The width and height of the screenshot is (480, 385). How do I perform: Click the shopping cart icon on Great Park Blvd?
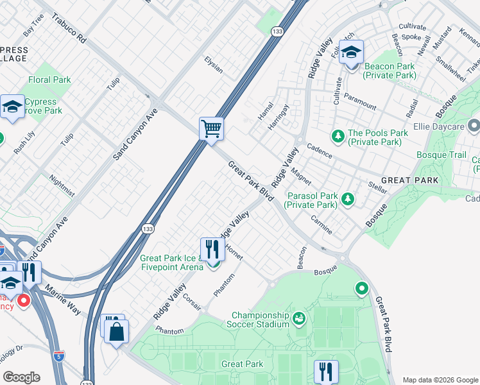211,129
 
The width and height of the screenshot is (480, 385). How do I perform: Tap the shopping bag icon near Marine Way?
117,332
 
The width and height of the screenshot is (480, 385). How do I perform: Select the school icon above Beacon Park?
351,52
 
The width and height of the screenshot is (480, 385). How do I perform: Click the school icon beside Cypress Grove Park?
12,107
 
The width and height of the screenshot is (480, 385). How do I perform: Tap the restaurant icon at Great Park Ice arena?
212,250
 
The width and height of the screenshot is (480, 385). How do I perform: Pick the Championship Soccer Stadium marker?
298,318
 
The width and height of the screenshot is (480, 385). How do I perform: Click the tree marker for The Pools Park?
338,136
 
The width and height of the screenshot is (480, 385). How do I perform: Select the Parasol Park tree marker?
347,200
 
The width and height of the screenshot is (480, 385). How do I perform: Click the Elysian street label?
214,65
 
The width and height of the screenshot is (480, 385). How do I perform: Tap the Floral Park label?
49,80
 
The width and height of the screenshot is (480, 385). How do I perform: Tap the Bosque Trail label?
441,155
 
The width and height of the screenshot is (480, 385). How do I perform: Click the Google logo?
21,377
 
